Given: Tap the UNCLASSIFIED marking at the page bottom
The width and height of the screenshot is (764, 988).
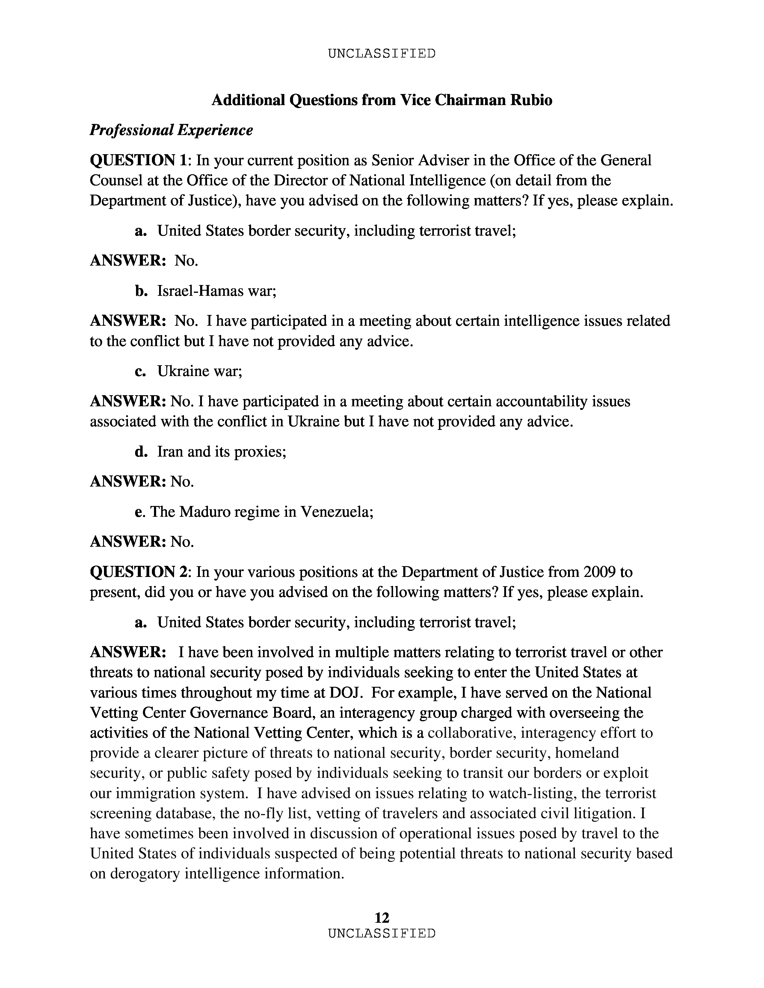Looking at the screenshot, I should (x=381, y=933).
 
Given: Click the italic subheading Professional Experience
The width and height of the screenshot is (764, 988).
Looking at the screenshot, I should (x=171, y=130).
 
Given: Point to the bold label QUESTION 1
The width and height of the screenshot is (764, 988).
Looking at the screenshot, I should (x=138, y=160).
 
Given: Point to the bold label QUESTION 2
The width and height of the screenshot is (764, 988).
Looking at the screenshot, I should (x=138, y=572).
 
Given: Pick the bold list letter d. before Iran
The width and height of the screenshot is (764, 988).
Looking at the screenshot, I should (x=141, y=451).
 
